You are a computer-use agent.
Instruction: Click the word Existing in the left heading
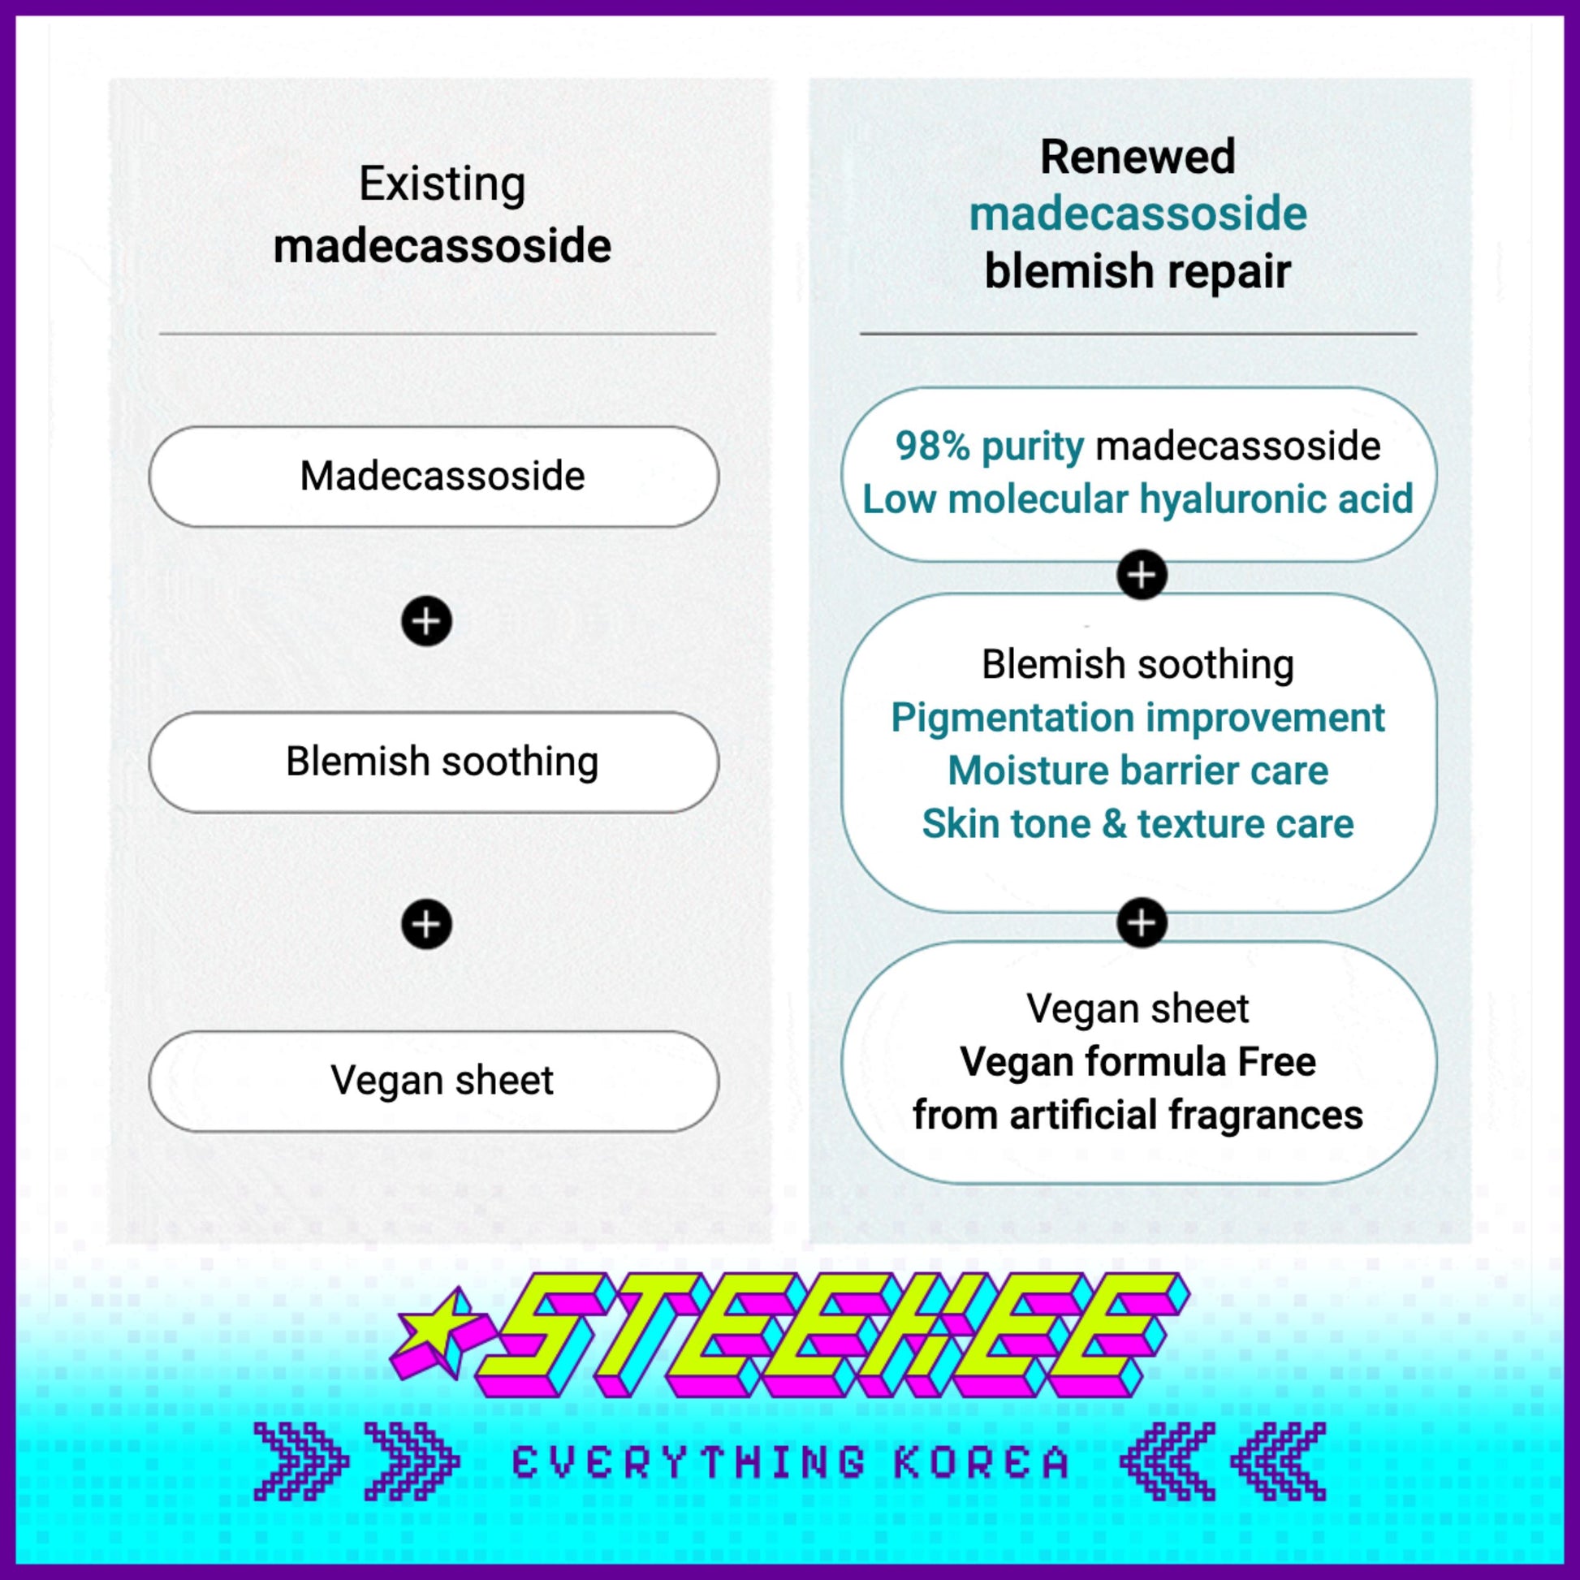click(442, 184)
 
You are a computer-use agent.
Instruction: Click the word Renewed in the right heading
click(1137, 157)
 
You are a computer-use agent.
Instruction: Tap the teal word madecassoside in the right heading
click(1138, 214)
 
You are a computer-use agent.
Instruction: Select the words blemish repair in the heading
click(1138, 271)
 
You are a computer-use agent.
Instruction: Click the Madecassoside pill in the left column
click(434, 476)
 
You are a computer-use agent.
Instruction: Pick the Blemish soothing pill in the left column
click(434, 762)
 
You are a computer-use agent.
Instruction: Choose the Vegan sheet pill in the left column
click(434, 1081)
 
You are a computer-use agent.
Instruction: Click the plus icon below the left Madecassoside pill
click(426, 622)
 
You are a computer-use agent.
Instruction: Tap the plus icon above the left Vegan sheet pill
click(426, 924)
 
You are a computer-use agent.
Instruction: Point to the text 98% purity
click(990, 447)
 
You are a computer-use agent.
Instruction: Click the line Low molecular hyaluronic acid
click(1138, 499)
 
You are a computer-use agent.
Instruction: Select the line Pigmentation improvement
click(1138, 718)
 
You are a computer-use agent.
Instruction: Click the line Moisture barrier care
click(1138, 771)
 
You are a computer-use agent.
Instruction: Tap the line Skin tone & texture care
click(1138, 824)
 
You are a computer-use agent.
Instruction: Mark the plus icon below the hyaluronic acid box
click(1142, 575)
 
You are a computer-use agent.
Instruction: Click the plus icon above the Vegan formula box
click(1142, 923)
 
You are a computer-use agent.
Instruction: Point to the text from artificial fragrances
click(1138, 1116)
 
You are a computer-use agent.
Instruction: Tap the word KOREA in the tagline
click(982, 1463)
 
